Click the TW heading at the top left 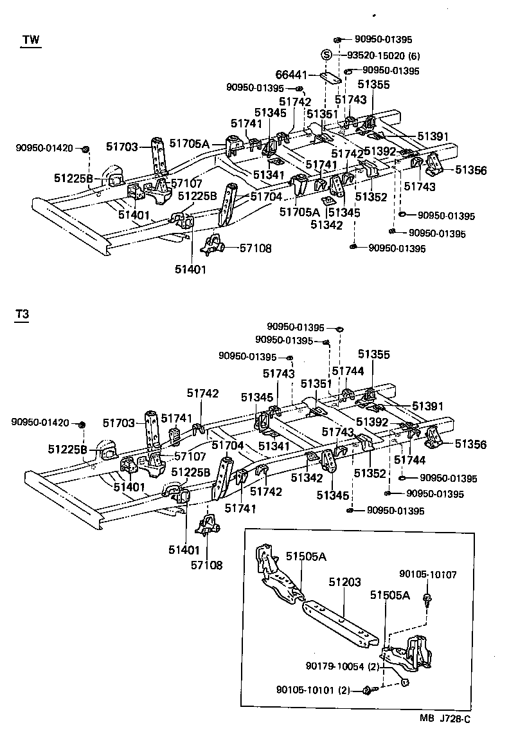point(30,40)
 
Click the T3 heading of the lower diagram point(22,315)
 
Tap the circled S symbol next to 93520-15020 point(326,55)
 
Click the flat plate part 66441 point(328,77)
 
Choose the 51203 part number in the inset point(343,581)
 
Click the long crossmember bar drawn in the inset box point(341,619)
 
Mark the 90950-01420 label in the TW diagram point(44,149)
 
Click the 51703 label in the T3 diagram point(119,423)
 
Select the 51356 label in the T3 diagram point(471,444)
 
